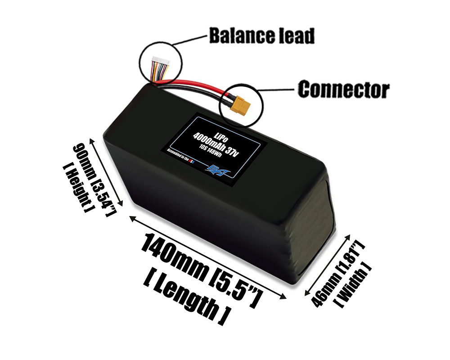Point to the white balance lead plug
click(159, 60)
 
